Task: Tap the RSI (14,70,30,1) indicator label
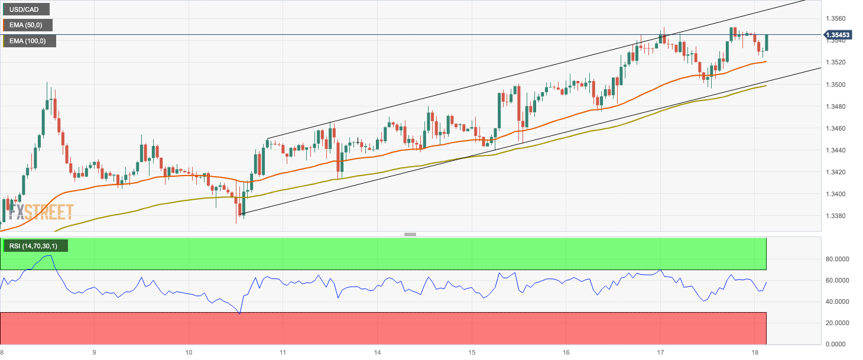(x=35, y=245)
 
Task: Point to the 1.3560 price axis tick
(x=836, y=18)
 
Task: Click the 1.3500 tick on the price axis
(x=836, y=85)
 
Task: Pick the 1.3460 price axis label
(x=836, y=128)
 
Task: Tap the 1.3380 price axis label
(x=836, y=216)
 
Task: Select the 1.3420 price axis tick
(x=836, y=172)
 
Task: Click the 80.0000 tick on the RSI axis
(x=838, y=259)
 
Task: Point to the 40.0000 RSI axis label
(x=838, y=301)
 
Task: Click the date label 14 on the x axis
(x=377, y=353)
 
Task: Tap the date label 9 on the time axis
(x=94, y=353)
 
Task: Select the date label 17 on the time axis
(x=660, y=353)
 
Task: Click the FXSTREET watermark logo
(x=40, y=212)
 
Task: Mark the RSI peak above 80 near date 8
(x=48, y=256)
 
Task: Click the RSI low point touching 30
(x=239, y=313)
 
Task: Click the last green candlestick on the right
(x=766, y=42)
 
